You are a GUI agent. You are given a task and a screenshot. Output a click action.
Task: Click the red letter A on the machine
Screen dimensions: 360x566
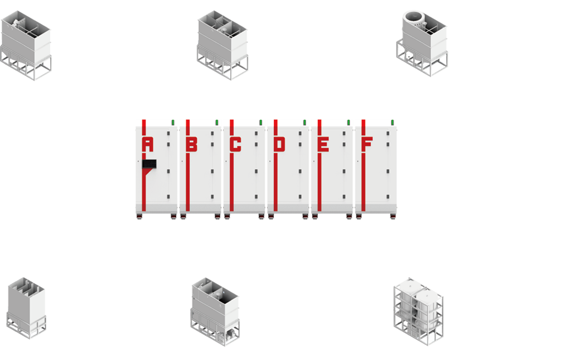147,144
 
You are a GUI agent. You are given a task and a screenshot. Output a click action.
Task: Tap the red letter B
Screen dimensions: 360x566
191,144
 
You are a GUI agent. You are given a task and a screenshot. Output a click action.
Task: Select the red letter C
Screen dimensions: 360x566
235,144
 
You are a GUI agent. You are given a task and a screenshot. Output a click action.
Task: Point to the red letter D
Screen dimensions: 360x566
279,144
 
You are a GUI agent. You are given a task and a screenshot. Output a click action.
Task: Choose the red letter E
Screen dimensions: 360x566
323,144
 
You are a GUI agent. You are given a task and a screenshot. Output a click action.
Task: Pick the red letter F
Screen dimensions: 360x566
367,144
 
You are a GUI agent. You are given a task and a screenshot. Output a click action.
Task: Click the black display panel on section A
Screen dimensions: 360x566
149,164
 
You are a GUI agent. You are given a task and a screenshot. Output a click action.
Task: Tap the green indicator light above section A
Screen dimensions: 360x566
173,121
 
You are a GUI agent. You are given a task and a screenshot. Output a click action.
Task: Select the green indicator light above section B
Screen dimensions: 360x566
217,121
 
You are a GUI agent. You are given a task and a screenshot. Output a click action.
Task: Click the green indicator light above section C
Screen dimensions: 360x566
260,121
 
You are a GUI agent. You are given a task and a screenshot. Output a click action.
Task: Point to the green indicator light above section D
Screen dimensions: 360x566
304,121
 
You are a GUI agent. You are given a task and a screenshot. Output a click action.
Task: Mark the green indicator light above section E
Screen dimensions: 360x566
349,121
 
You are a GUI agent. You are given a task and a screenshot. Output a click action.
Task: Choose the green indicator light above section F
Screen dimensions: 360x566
392,121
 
